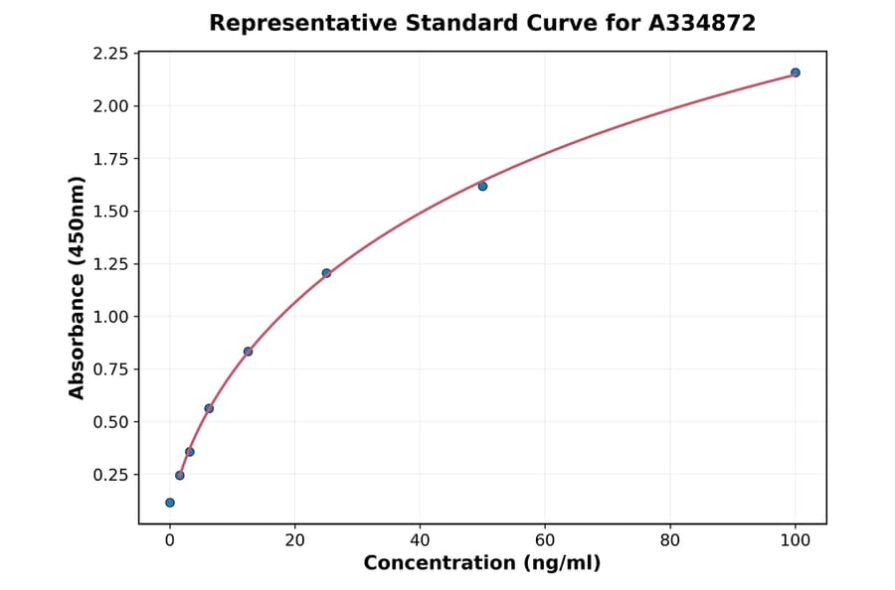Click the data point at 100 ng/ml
[795, 73]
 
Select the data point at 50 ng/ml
[482, 186]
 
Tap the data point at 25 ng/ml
[326, 273]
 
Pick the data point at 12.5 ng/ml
[248, 352]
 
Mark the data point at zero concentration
[170, 503]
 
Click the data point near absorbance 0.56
[209, 408]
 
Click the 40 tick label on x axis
[420, 540]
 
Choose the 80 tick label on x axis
[670, 540]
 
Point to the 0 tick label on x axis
[170, 540]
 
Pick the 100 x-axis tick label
[795, 540]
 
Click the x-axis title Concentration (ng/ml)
[482, 564]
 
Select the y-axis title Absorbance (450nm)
[78, 288]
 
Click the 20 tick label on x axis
[294, 540]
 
